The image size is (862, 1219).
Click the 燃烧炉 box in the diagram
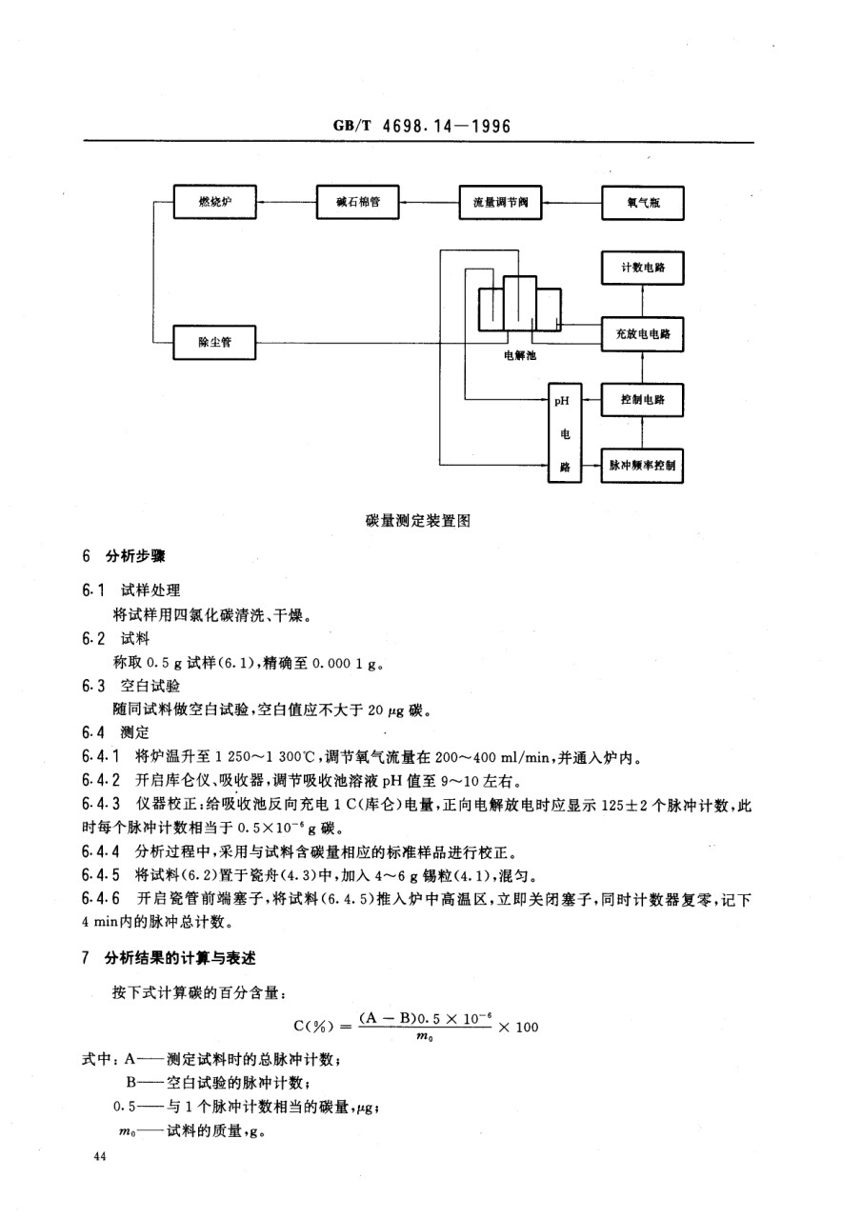click(x=215, y=202)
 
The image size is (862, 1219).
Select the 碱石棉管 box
click(x=357, y=202)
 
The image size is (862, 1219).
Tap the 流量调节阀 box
click(x=500, y=203)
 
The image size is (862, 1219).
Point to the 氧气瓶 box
click(x=643, y=203)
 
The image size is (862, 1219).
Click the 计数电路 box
click(x=643, y=268)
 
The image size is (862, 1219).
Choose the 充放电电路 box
click(x=643, y=334)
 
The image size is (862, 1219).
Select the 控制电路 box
click(x=643, y=400)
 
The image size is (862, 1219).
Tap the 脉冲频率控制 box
click(x=643, y=466)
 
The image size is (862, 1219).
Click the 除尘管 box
click(x=214, y=342)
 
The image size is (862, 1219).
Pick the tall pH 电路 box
click(x=565, y=433)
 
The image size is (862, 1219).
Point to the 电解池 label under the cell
click(x=520, y=356)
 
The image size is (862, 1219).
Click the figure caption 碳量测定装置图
click(x=418, y=521)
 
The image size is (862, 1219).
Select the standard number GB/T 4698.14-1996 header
click(x=422, y=127)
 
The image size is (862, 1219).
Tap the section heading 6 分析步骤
click(x=124, y=556)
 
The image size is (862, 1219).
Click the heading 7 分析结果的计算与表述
click(x=169, y=958)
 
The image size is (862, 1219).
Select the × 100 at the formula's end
click(x=518, y=1027)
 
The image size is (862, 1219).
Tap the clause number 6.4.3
click(x=101, y=805)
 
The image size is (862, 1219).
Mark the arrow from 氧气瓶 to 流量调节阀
click(x=571, y=203)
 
